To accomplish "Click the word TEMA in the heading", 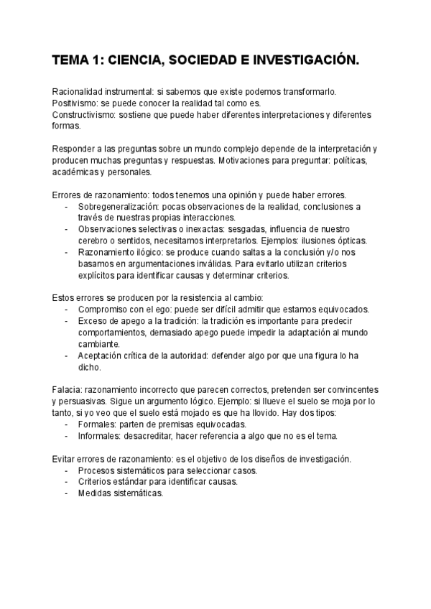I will [x=70, y=62].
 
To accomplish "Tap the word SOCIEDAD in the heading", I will [x=200, y=62].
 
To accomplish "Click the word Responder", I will [x=75, y=149].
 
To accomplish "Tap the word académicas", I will [x=76, y=172].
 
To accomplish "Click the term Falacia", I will [x=70, y=390].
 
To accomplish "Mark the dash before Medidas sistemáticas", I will [x=68, y=494].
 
